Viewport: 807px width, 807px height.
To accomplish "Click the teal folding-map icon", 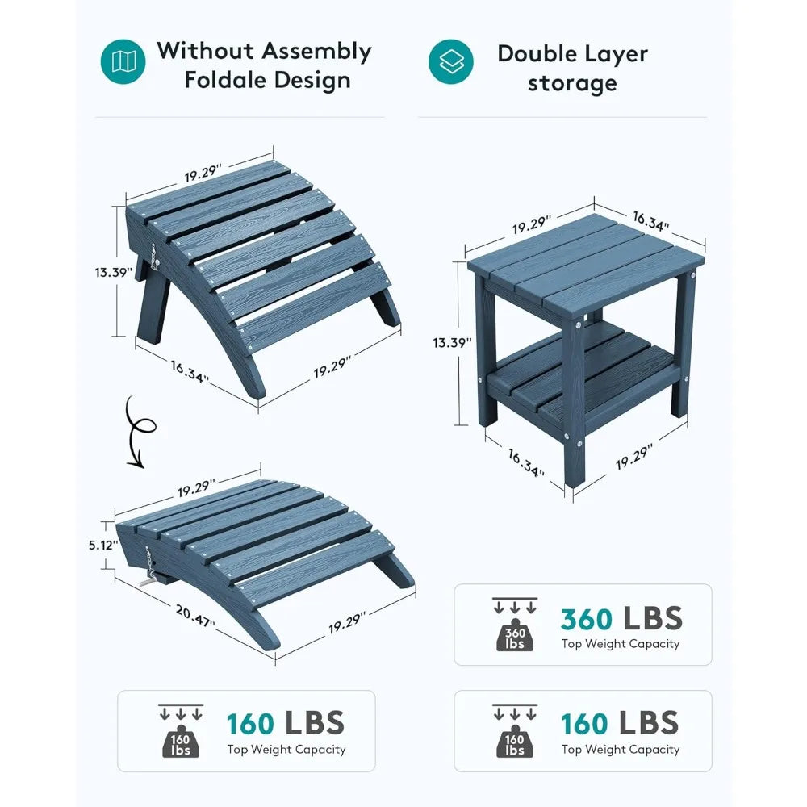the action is [123, 61].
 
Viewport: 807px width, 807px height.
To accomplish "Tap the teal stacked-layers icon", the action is [451, 61].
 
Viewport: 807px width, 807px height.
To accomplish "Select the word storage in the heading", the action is [572, 84].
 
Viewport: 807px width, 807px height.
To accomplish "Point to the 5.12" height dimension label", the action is [103, 545].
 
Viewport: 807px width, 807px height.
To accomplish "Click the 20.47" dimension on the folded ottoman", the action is [194, 616].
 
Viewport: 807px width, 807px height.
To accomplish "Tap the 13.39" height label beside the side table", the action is [453, 342].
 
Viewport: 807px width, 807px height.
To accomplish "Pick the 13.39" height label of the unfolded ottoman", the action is [114, 272].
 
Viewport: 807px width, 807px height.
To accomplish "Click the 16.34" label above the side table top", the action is [650, 221].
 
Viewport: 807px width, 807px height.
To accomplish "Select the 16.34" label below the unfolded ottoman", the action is [190, 371].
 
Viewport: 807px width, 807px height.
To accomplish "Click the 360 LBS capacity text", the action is [621, 618].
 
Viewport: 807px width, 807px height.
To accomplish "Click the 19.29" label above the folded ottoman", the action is [196, 488].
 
